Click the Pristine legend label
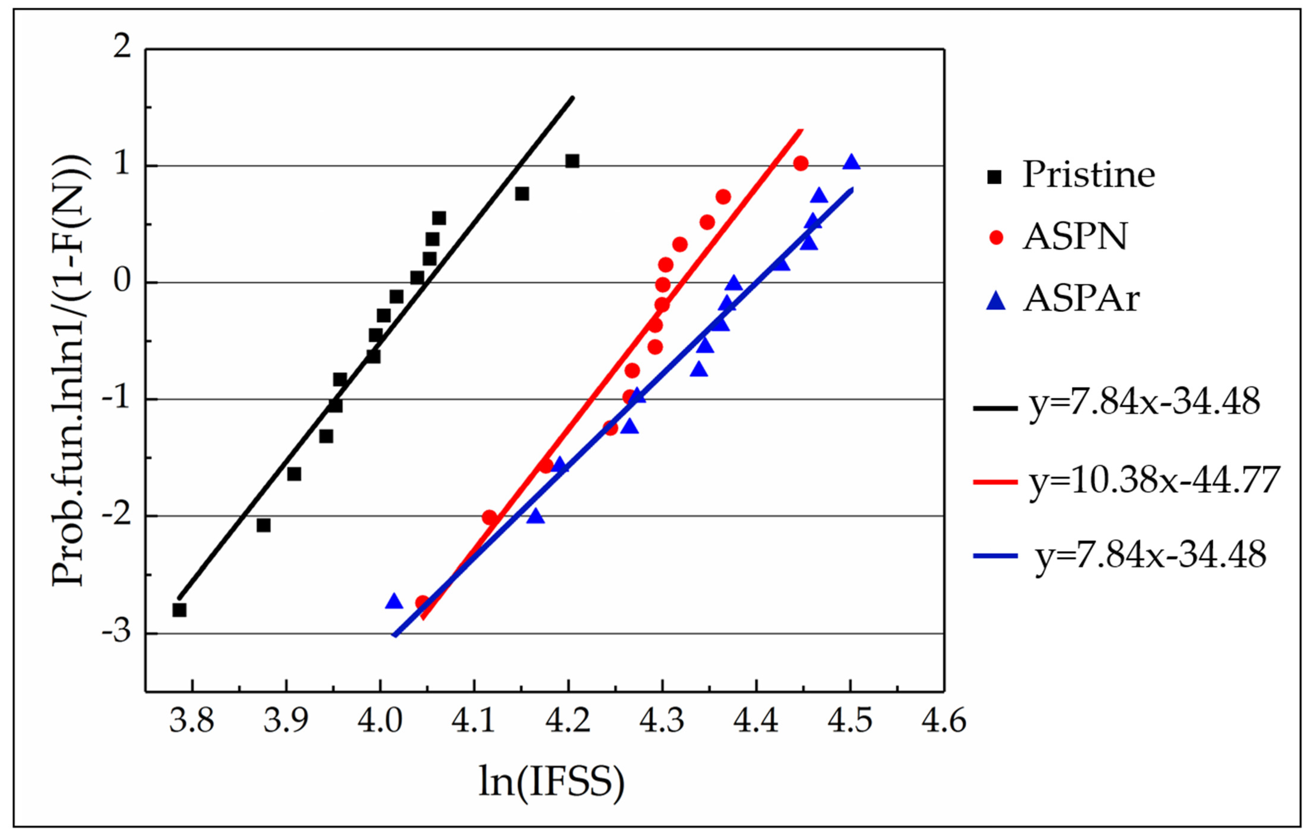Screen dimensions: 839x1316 (x=1088, y=175)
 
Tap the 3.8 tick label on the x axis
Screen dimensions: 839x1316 (x=191, y=721)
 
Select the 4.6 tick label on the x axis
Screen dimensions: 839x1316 (x=944, y=721)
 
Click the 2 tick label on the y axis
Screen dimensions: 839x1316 (x=122, y=47)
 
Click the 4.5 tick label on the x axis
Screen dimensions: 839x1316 (x=850, y=721)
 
